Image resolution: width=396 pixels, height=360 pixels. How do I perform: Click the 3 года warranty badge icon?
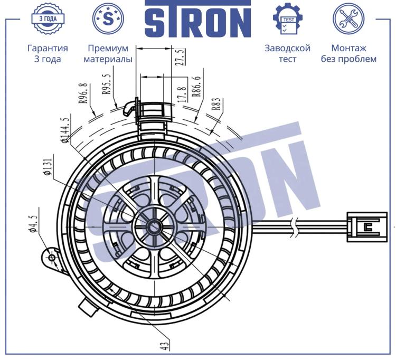coord(48,18)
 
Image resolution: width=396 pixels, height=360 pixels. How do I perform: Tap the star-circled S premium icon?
coord(108,18)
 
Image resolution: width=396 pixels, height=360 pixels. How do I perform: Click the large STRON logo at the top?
coord(198,19)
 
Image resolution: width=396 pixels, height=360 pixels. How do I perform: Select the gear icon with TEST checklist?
coord(288,18)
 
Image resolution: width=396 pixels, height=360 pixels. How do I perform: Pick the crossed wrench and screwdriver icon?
coord(348,18)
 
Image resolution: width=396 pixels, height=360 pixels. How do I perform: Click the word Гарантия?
coord(48,48)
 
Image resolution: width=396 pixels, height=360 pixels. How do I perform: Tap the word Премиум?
coord(108,48)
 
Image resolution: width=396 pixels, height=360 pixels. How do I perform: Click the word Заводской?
coord(287,48)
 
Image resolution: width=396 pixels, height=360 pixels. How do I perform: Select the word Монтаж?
coord(348,48)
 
